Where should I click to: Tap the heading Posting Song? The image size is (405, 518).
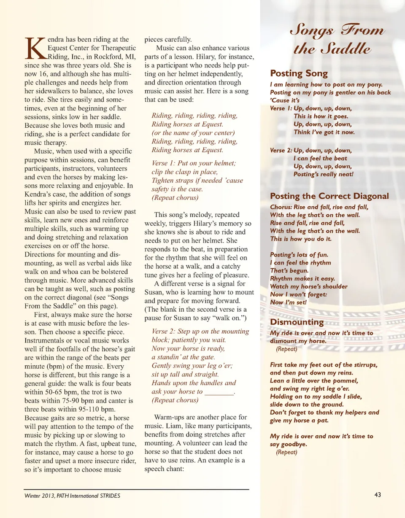pyautogui.click(x=299, y=73)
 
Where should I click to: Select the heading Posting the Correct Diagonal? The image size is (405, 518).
pyautogui.click(x=329, y=196)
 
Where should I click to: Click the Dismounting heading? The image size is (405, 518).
pyautogui.click(x=297, y=322)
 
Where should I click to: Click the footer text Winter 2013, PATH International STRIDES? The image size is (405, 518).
pyautogui.click(x=72, y=496)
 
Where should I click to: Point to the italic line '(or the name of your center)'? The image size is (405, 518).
pyautogui.click(x=193, y=133)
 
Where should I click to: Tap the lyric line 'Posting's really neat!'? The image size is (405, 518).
pyautogui.click(x=324, y=174)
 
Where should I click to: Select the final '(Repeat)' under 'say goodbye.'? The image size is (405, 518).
pyautogui.click(x=287, y=452)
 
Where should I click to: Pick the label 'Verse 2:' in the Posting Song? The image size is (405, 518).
pyautogui.click(x=281, y=150)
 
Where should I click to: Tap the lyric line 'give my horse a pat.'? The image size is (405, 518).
pyautogui.click(x=299, y=421)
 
